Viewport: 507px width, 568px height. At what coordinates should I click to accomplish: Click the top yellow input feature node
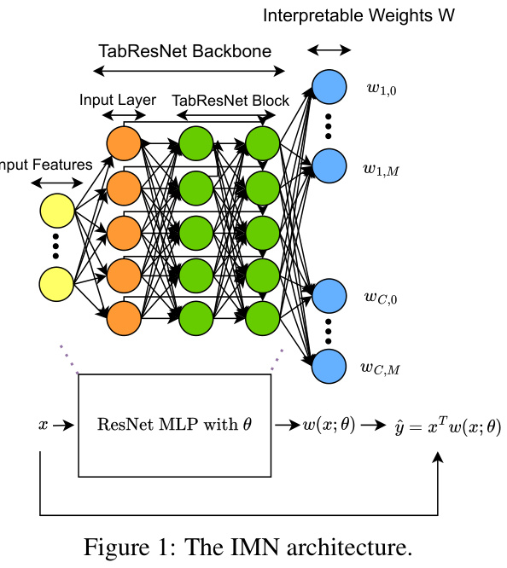(57, 212)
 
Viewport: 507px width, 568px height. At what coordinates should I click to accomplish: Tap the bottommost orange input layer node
(123, 317)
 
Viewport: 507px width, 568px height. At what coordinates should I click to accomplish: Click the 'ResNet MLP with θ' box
(173, 425)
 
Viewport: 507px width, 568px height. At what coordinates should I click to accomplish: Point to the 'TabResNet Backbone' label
(185, 51)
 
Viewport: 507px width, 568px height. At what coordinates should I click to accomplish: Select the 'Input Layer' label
(118, 100)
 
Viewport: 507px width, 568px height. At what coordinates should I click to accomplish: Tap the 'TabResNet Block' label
(230, 100)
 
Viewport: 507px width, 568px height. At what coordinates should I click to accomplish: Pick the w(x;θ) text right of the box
(329, 424)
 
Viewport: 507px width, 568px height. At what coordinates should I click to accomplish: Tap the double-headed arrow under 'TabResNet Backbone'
(186, 72)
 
